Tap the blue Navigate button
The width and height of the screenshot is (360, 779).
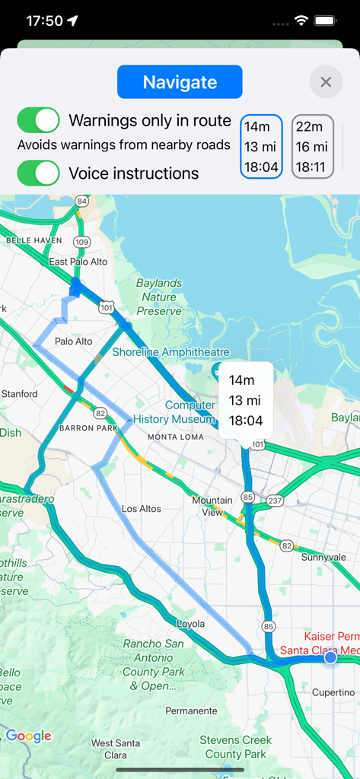(180, 82)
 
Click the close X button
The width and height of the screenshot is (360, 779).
(326, 82)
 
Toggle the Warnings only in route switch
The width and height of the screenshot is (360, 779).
(38, 120)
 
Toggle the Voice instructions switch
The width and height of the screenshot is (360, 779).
(38, 173)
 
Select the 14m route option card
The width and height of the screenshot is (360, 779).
(261, 147)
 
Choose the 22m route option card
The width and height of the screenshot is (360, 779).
(312, 147)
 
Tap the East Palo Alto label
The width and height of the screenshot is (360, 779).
(78, 262)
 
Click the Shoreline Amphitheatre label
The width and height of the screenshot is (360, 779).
(170, 351)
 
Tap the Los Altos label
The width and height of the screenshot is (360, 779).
(142, 508)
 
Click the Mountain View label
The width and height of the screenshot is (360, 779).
(212, 506)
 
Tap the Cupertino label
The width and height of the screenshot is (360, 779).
(333, 692)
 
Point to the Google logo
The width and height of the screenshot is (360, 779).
(29, 736)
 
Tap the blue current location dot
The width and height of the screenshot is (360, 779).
(330, 657)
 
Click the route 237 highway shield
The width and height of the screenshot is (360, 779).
(276, 500)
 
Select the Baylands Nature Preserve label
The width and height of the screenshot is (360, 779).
(159, 297)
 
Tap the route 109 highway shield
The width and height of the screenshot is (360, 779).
(81, 242)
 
